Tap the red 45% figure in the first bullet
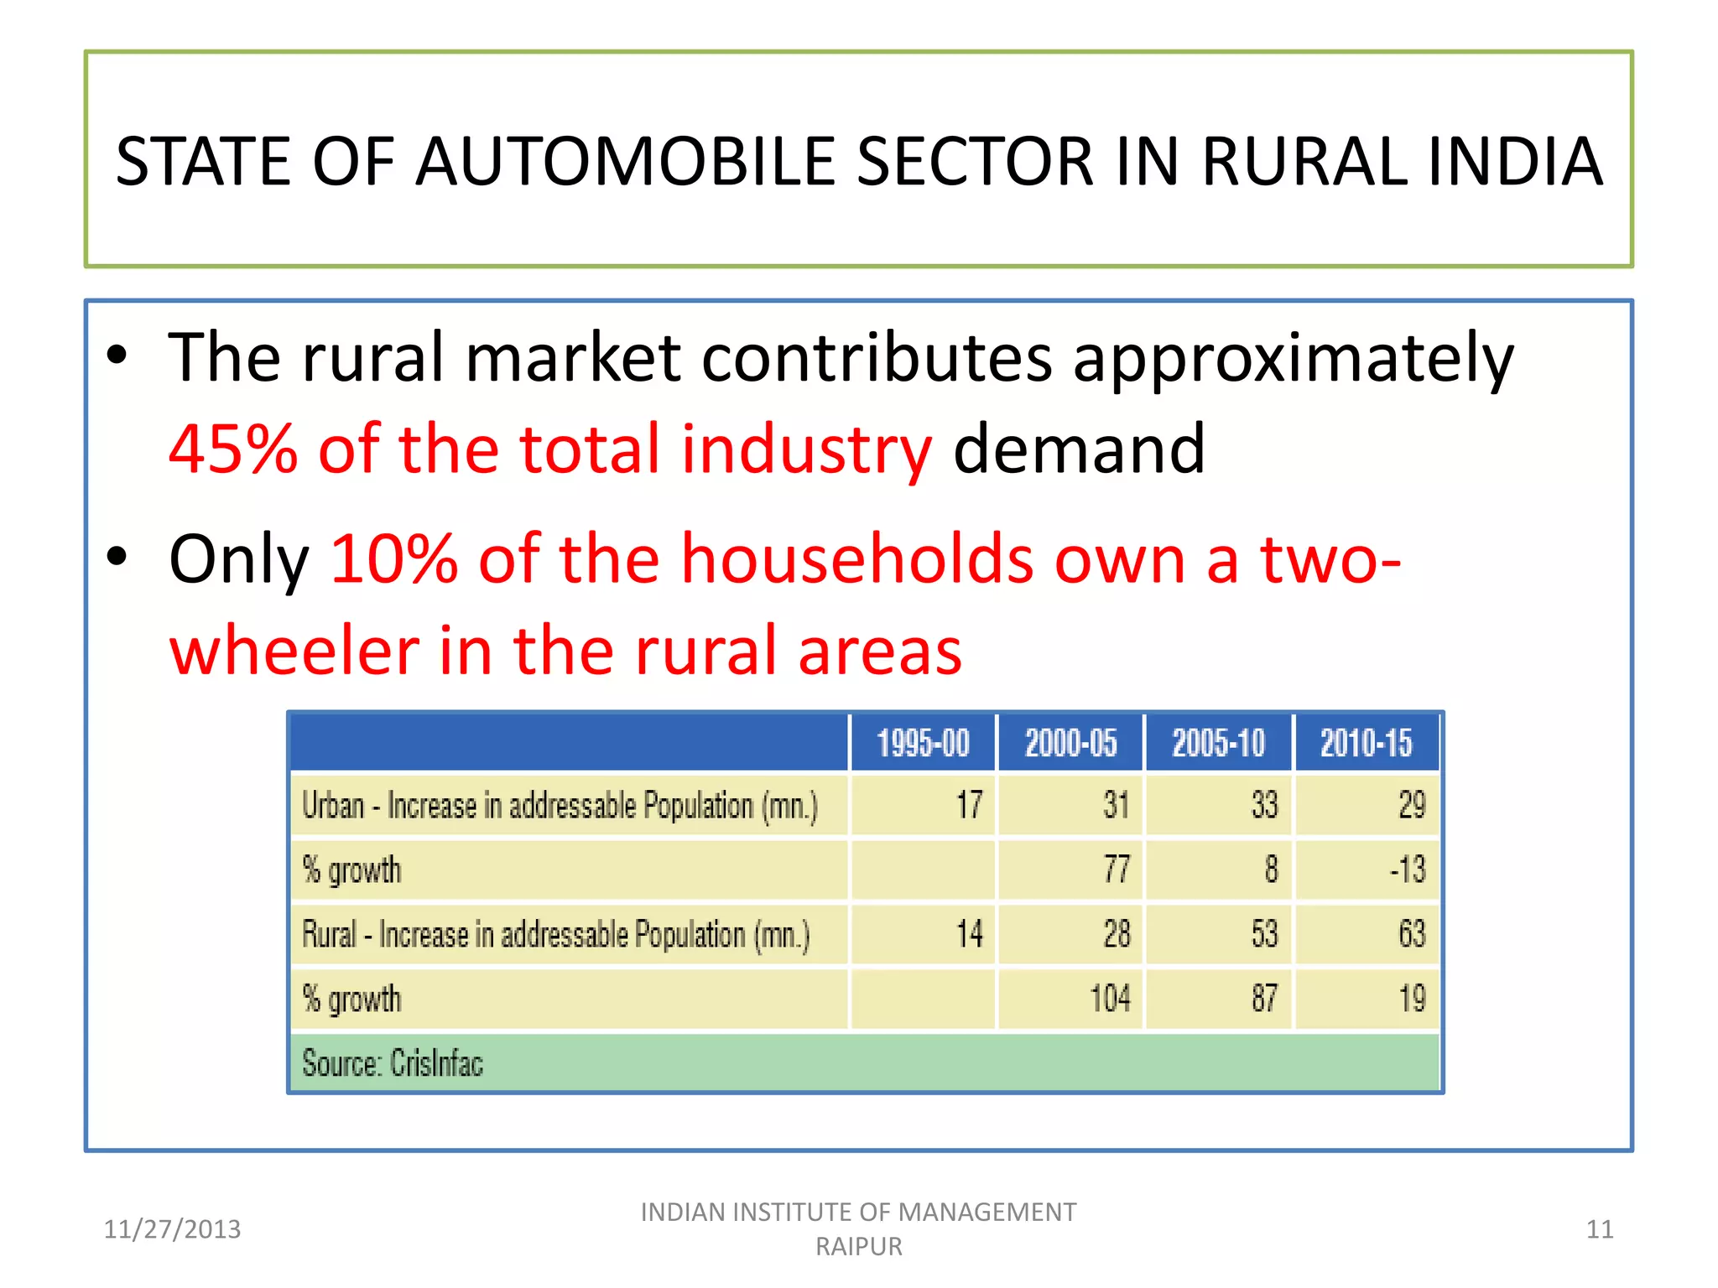232,449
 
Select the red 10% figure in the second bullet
394,559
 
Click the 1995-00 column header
923,743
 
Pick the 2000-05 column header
1070,743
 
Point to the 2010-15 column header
1366,743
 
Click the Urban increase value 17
969,805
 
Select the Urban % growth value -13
1407,870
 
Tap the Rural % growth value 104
1110,999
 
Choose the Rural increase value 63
1412,934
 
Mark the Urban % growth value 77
1117,870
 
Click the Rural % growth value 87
1264,999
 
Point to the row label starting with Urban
559,806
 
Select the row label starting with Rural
555,935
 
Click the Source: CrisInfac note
393,1063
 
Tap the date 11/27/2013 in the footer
172,1229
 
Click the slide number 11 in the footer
1600,1229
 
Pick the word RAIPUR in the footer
859,1247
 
